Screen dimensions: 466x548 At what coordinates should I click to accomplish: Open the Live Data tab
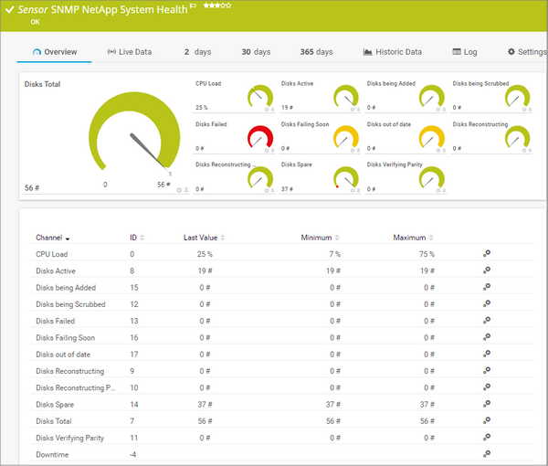130,52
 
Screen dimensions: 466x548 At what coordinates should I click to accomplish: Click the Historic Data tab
393,52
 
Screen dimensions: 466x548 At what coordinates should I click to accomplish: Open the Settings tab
526,52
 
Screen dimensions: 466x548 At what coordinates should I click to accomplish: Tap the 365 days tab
316,52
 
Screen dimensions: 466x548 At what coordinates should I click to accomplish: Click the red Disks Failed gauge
260,138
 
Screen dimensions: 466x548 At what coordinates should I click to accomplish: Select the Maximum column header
410,238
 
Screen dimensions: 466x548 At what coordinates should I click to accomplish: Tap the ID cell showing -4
133,454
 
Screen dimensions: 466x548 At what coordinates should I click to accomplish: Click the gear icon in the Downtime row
486,454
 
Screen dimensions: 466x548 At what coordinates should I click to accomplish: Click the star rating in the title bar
216,5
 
